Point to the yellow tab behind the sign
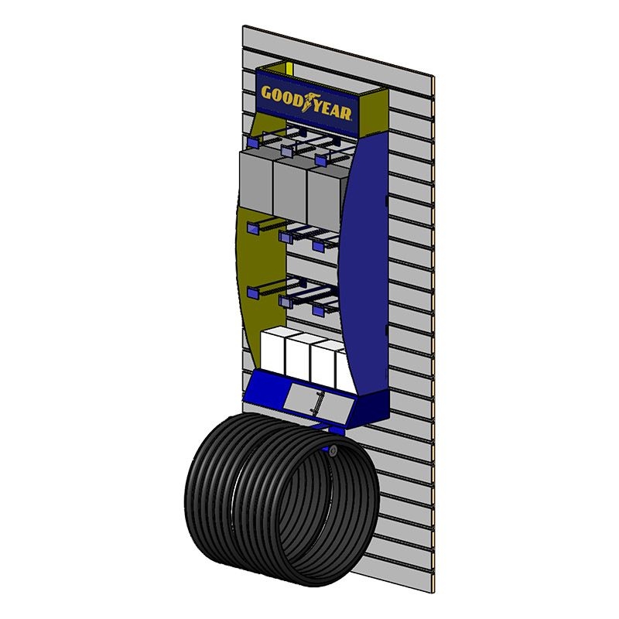pos(289,68)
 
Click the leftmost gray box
pos(257,182)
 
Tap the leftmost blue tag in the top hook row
pos(253,142)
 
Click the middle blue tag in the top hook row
pos(286,150)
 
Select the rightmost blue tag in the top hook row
pos(321,159)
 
